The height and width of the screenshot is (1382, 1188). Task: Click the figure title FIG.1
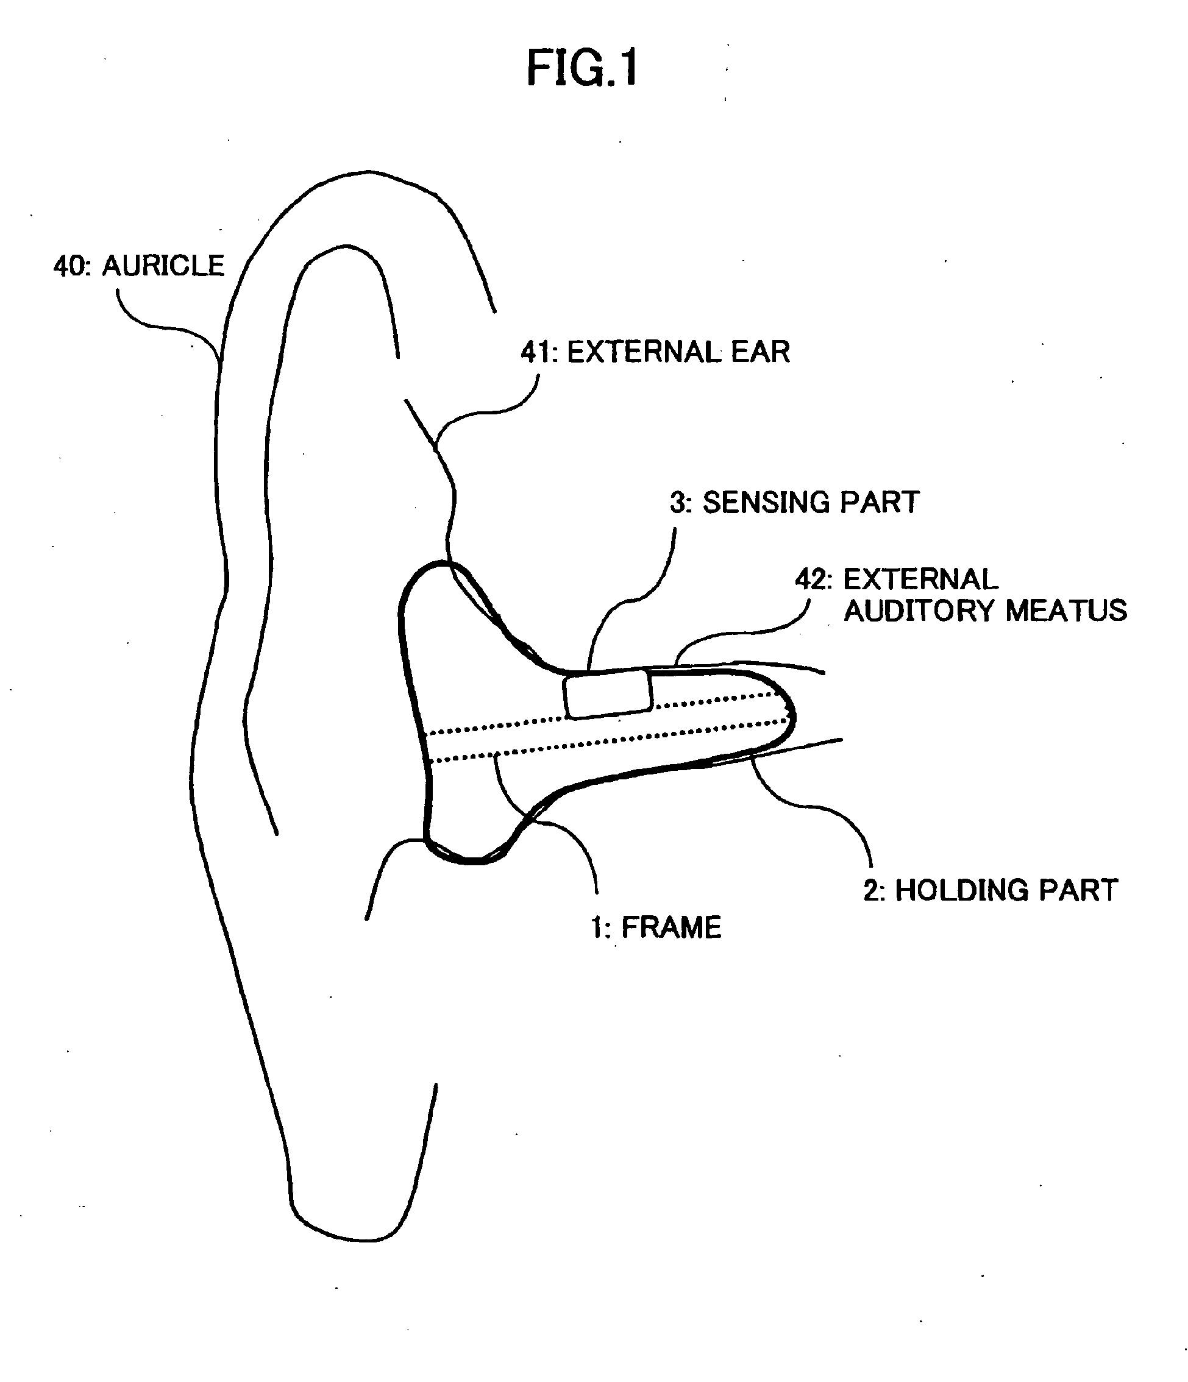pos(582,68)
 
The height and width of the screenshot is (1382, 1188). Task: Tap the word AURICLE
pos(163,266)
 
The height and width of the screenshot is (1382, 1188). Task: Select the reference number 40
pos(70,266)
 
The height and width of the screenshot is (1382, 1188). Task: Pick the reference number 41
pos(538,352)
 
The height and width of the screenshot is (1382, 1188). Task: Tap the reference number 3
pos(678,503)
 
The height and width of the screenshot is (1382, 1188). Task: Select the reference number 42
pos(813,579)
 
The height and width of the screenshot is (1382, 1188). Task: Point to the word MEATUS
pos(1066,611)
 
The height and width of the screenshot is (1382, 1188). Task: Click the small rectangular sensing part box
pos(607,693)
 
